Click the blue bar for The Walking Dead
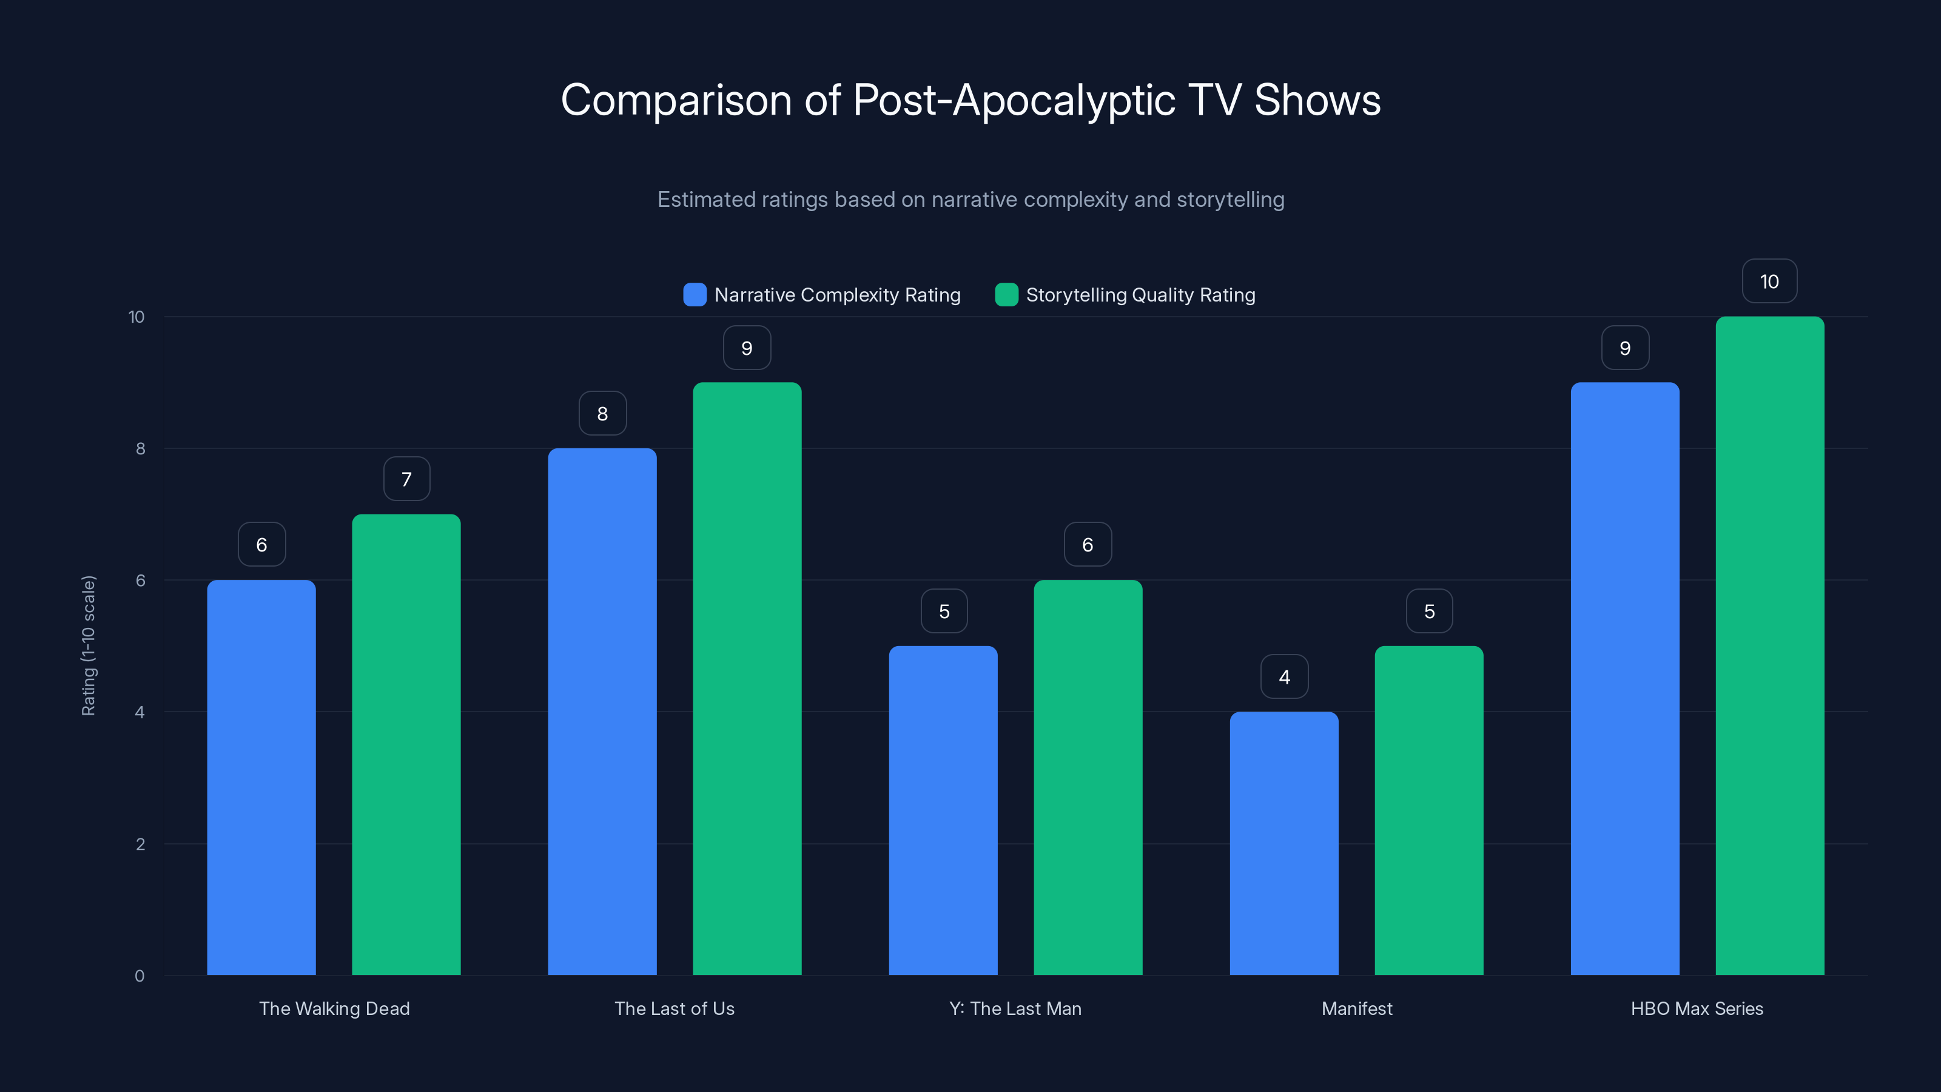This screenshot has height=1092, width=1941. point(261,777)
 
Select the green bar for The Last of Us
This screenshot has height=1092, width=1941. point(747,678)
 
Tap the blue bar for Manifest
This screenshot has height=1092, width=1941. point(1284,843)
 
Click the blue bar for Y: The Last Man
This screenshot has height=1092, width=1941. point(943,810)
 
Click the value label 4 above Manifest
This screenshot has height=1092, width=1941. point(1284,677)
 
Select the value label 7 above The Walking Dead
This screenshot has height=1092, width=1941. point(407,479)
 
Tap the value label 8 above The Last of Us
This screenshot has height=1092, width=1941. point(602,414)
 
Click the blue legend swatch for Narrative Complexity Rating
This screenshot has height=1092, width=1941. point(695,295)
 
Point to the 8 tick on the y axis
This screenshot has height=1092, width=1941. point(140,448)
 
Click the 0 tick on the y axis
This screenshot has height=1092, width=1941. point(140,976)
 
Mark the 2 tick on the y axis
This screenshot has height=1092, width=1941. point(140,844)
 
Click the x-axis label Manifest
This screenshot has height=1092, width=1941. point(1357,1008)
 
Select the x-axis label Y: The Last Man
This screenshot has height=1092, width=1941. point(1015,1008)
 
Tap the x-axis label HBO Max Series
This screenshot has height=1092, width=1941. point(1697,1008)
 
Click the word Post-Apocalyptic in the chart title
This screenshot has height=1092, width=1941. point(1014,100)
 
